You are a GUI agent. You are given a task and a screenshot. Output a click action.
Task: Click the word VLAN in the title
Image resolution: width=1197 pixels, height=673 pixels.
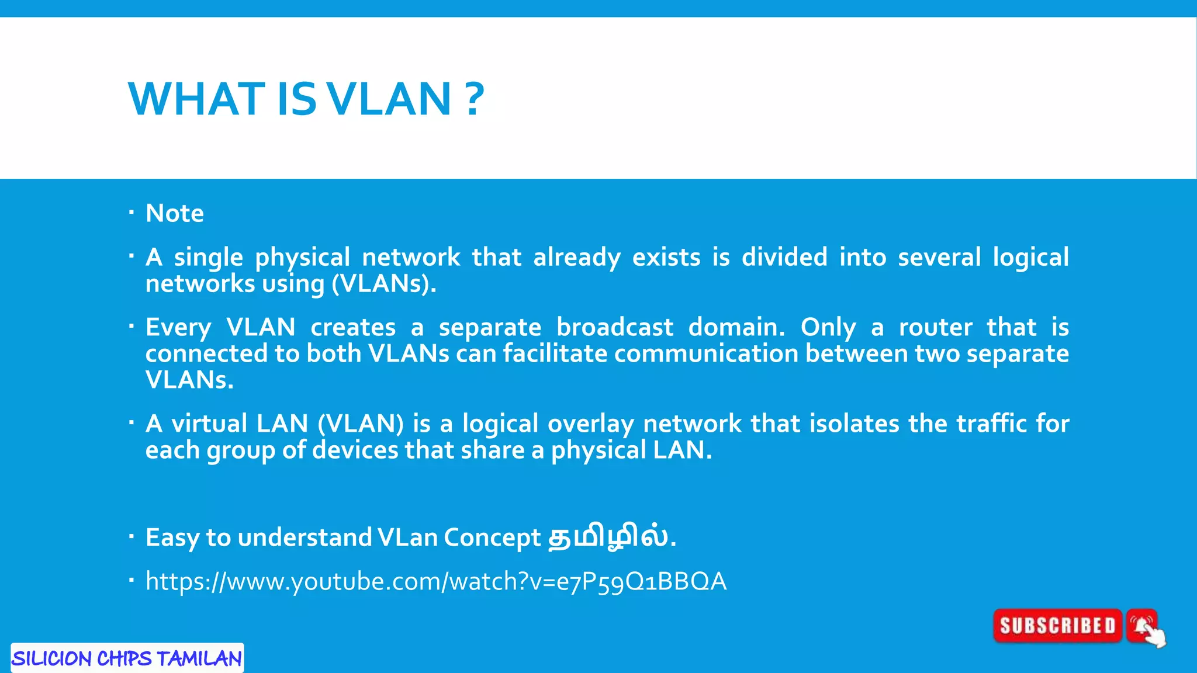[x=389, y=99]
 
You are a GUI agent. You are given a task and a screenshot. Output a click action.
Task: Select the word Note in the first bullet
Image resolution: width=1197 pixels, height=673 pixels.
[x=175, y=213]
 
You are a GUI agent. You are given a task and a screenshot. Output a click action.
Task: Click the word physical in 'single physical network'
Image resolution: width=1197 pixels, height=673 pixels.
[x=302, y=258]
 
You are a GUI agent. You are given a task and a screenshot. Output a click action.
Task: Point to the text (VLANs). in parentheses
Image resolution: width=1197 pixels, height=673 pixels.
[x=384, y=284]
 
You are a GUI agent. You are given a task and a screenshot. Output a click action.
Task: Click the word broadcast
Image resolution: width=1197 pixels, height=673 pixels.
[x=614, y=327]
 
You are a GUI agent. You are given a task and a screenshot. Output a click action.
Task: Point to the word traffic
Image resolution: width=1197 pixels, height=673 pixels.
[x=991, y=424]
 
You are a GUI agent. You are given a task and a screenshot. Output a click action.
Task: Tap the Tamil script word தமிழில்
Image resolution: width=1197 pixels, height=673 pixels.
[x=608, y=537]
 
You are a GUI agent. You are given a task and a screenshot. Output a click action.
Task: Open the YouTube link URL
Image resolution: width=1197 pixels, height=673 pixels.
[x=435, y=581]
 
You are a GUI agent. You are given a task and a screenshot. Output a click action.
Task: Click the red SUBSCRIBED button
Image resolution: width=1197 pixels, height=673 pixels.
[x=1057, y=626]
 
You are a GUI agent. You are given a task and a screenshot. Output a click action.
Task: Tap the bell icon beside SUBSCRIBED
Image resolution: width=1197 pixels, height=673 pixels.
[x=1141, y=626]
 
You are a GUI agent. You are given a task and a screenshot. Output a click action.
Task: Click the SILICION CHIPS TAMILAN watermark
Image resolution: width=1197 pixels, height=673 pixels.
[x=127, y=658]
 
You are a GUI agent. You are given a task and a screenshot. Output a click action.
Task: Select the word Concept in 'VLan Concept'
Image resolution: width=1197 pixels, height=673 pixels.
[x=492, y=537]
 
